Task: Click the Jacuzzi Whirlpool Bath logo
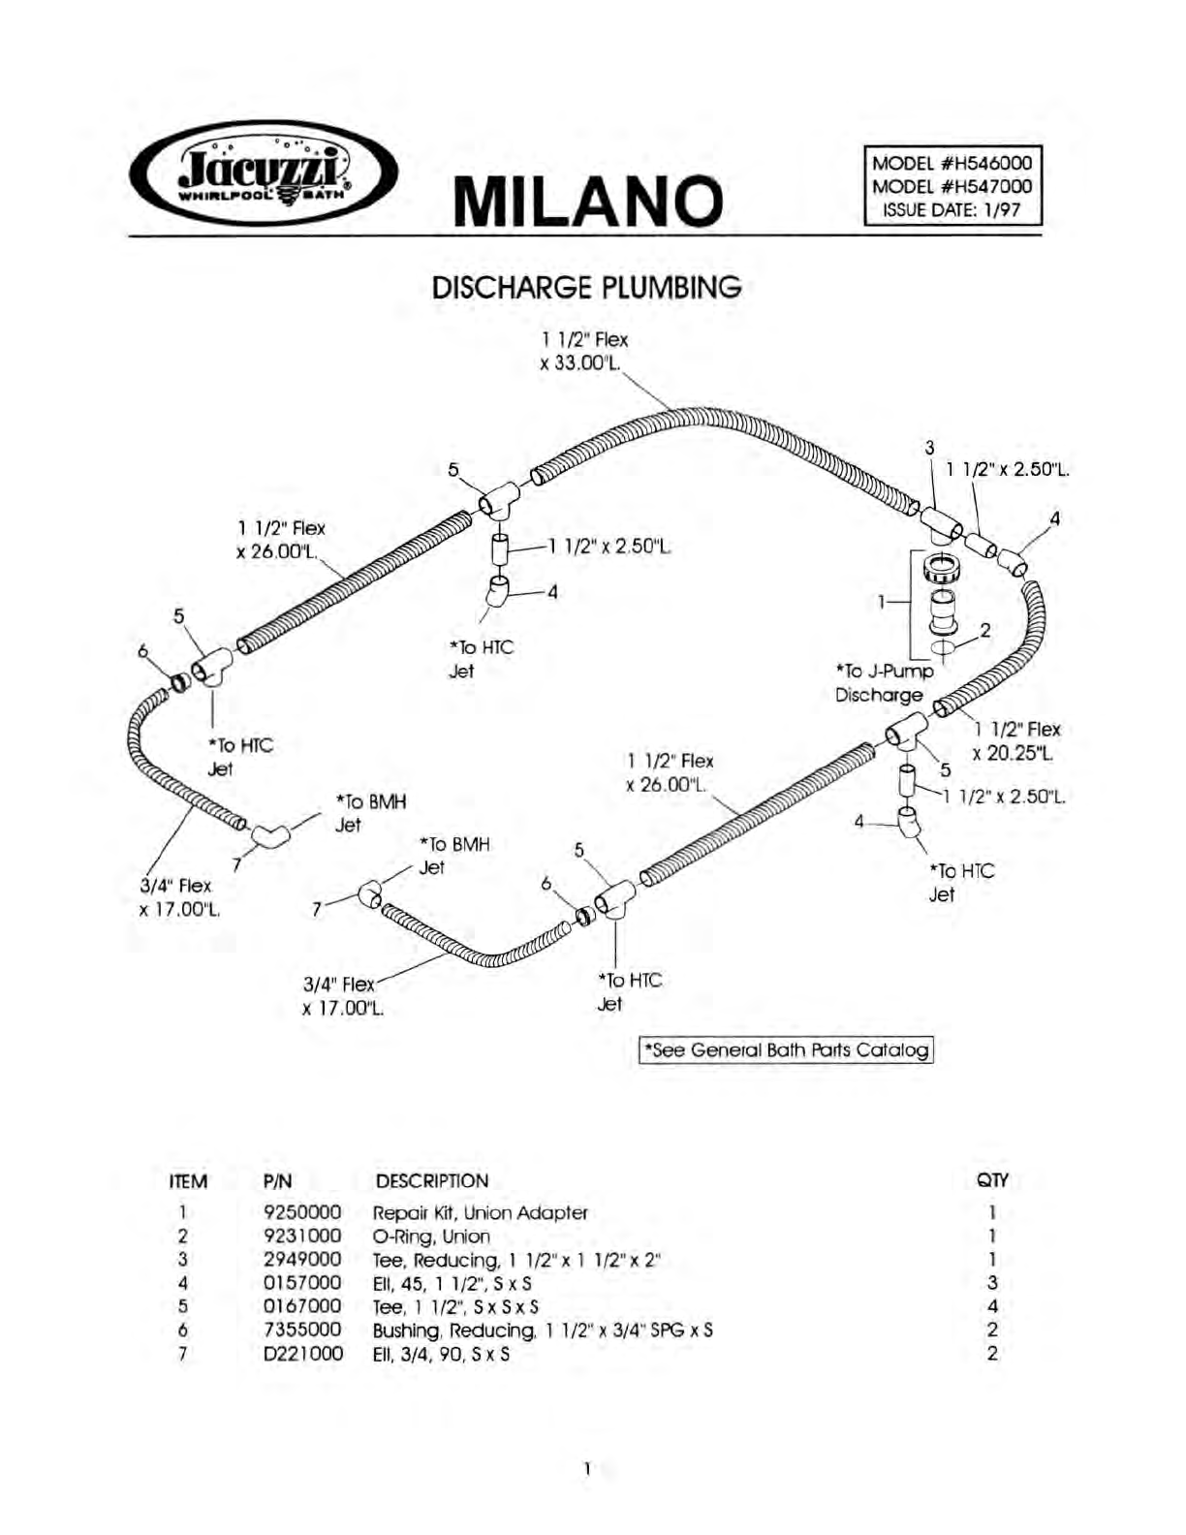point(263,173)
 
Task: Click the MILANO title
point(588,201)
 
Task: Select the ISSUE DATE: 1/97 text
point(952,209)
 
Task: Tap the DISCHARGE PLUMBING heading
point(586,288)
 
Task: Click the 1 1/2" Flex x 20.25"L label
point(1016,740)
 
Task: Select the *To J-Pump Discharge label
point(885,682)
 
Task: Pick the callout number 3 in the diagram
point(929,448)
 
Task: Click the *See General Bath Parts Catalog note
point(786,1049)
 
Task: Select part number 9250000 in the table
point(302,1212)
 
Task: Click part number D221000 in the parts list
point(303,1354)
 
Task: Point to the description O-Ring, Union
point(431,1237)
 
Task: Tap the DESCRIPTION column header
point(431,1181)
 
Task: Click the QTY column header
point(992,1180)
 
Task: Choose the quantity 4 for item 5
point(992,1307)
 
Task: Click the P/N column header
point(277,1181)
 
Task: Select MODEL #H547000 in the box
point(952,186)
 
